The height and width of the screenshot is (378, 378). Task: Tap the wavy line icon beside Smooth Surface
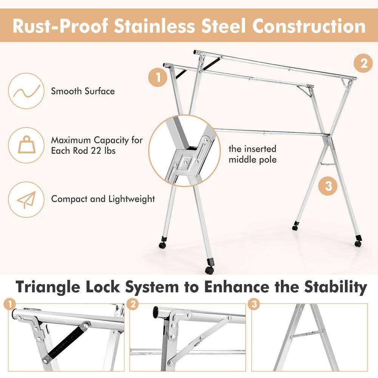tap(26, 91)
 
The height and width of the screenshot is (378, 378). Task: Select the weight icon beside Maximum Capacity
tap(26, 145)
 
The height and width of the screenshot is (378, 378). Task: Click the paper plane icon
tap(26, 199)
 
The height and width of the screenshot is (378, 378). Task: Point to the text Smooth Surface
tap(83, 91)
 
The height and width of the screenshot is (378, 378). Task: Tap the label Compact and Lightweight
tap(103, 199)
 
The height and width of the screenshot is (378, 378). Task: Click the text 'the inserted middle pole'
tap(253, 154)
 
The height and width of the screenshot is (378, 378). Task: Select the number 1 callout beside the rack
tap(158, 78)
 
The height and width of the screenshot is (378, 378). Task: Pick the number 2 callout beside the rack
tap(363, 63)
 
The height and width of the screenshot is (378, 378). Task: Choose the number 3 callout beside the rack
tap(328, 186)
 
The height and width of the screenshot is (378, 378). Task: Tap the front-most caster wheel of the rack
tap(209, 270)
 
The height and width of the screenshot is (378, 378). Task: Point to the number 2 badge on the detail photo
tap(133, 305)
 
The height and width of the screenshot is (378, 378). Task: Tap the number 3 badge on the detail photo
tap(254, 305)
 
